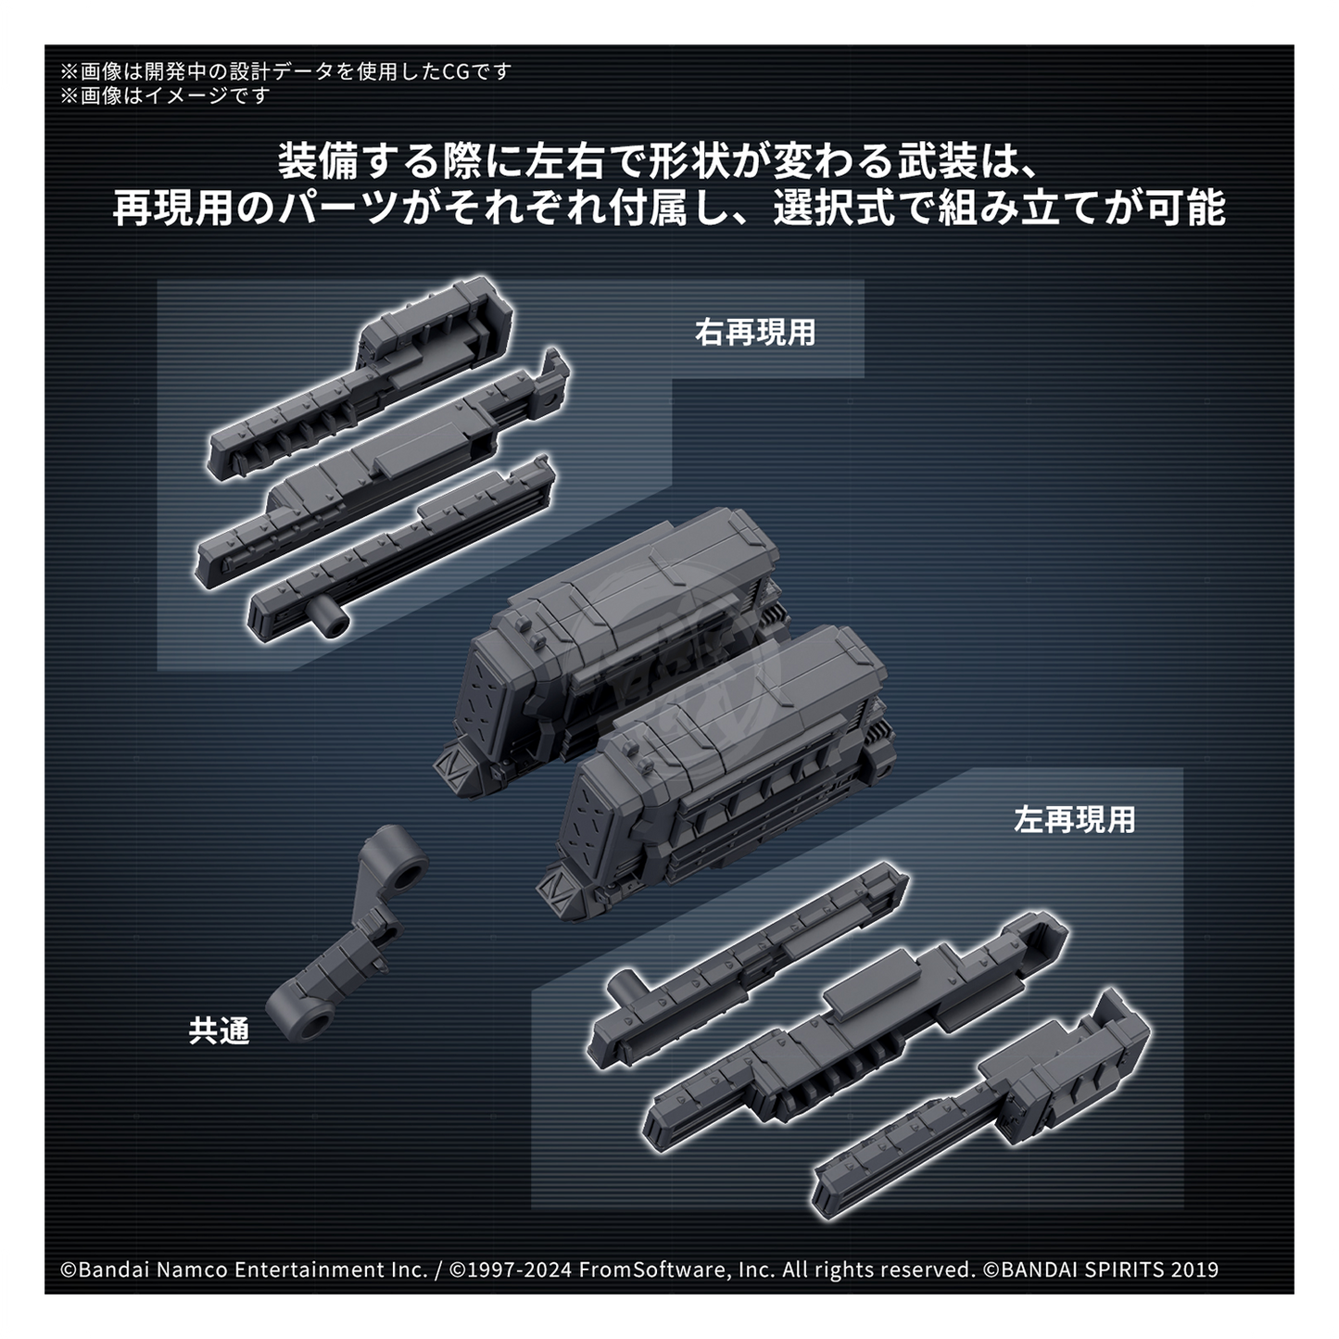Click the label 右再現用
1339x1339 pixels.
coord(754,332)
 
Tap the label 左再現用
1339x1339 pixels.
coord(1074,820)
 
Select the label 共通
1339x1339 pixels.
coord(219,1031)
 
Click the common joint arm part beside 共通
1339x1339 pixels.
coord(347,931)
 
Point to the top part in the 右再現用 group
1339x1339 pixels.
coord(361,379)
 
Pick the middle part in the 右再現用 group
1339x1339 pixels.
coord(382,473)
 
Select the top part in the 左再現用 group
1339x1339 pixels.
coord(747,966)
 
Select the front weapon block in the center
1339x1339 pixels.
coord(715,771)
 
